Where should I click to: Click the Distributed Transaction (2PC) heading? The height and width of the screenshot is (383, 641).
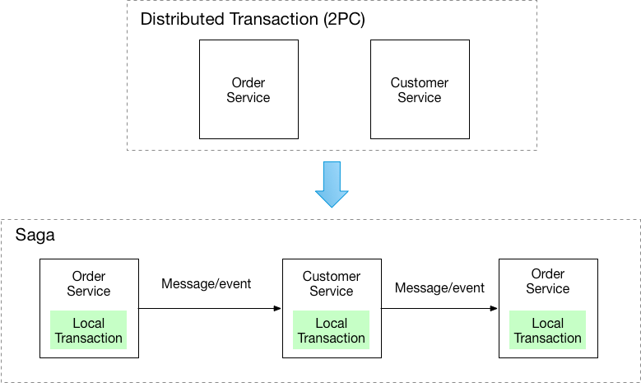coord(253,20)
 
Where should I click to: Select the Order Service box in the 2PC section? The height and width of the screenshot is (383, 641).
coord(248,90)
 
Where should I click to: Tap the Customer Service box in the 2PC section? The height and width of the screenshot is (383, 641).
coord(419,90)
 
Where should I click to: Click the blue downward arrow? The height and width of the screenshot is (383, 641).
coord(332,184)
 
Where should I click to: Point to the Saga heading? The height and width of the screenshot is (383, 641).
coord(35,236)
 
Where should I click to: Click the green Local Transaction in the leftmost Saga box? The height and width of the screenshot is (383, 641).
coord(89,330)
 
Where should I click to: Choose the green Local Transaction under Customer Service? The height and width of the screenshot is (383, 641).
coord(332,330)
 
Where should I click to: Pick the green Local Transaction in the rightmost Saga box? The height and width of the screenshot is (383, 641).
coord(548,330)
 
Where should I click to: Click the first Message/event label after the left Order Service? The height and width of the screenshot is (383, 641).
coord(207,284)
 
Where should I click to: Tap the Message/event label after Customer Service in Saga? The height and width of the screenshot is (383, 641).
coord(439,287)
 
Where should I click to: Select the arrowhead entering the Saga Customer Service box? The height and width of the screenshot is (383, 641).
coord(277,309)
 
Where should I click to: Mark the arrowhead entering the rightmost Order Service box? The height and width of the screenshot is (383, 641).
coord(494,309)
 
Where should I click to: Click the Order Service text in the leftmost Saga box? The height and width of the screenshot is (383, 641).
coord(89,283)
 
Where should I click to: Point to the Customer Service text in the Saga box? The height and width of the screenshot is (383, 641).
coord(332,283)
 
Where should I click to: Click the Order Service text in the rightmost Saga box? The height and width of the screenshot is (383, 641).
coord(548,281)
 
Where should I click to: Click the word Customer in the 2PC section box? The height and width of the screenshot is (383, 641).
coord(419,83)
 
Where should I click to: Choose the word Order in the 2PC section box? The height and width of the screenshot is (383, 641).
coord(248,83)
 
